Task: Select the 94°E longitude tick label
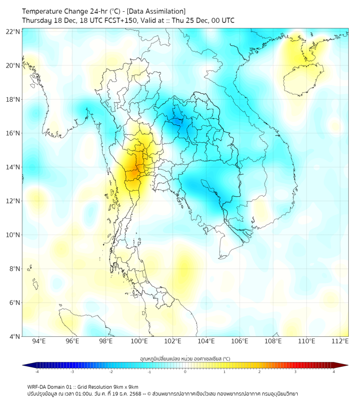point(39,341)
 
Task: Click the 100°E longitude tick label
point(140,341)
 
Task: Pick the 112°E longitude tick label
point(340,341)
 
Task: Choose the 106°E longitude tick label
point(240,341)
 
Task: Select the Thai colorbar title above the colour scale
point(185,358)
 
